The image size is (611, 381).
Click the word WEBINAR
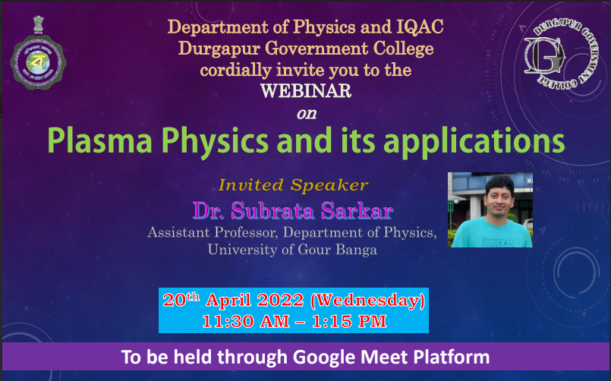[306, 91]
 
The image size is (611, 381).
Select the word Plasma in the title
[99, 140]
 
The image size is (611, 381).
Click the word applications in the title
[474, 143]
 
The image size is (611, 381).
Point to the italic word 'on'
[307, 114]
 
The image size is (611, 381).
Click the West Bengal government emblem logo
[38, 53]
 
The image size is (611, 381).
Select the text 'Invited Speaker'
[293, 185]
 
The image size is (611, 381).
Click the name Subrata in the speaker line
[272, 211]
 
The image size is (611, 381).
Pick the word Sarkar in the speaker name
[357, 211]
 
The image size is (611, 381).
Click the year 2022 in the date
[281, 301]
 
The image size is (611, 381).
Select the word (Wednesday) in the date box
[367, 301]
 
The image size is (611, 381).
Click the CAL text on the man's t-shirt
[505, 243]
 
